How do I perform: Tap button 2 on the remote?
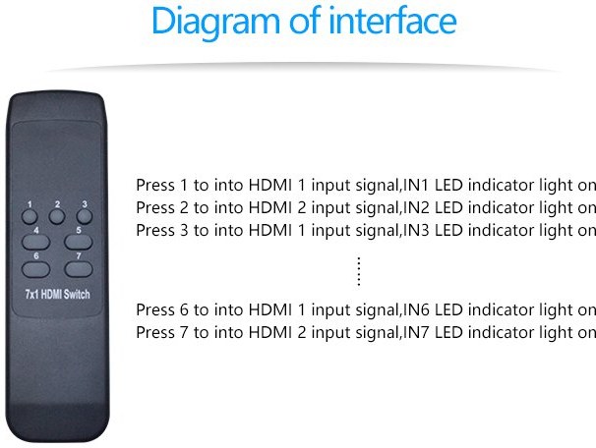[57, 216]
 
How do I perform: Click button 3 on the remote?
[84, 216]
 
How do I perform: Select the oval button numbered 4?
[35, 242]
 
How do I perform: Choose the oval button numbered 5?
[79, 242]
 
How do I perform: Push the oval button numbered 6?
[35, 269]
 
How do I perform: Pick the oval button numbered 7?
[79, 269]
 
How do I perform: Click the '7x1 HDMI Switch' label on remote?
[57, 294]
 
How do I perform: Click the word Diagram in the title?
[215, 22]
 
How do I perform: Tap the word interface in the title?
[392, 20]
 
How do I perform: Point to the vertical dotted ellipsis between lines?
[359, 271]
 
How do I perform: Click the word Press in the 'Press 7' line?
[155, 332]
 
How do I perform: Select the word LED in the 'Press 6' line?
[448, 309]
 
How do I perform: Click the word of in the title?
[305, 20]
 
